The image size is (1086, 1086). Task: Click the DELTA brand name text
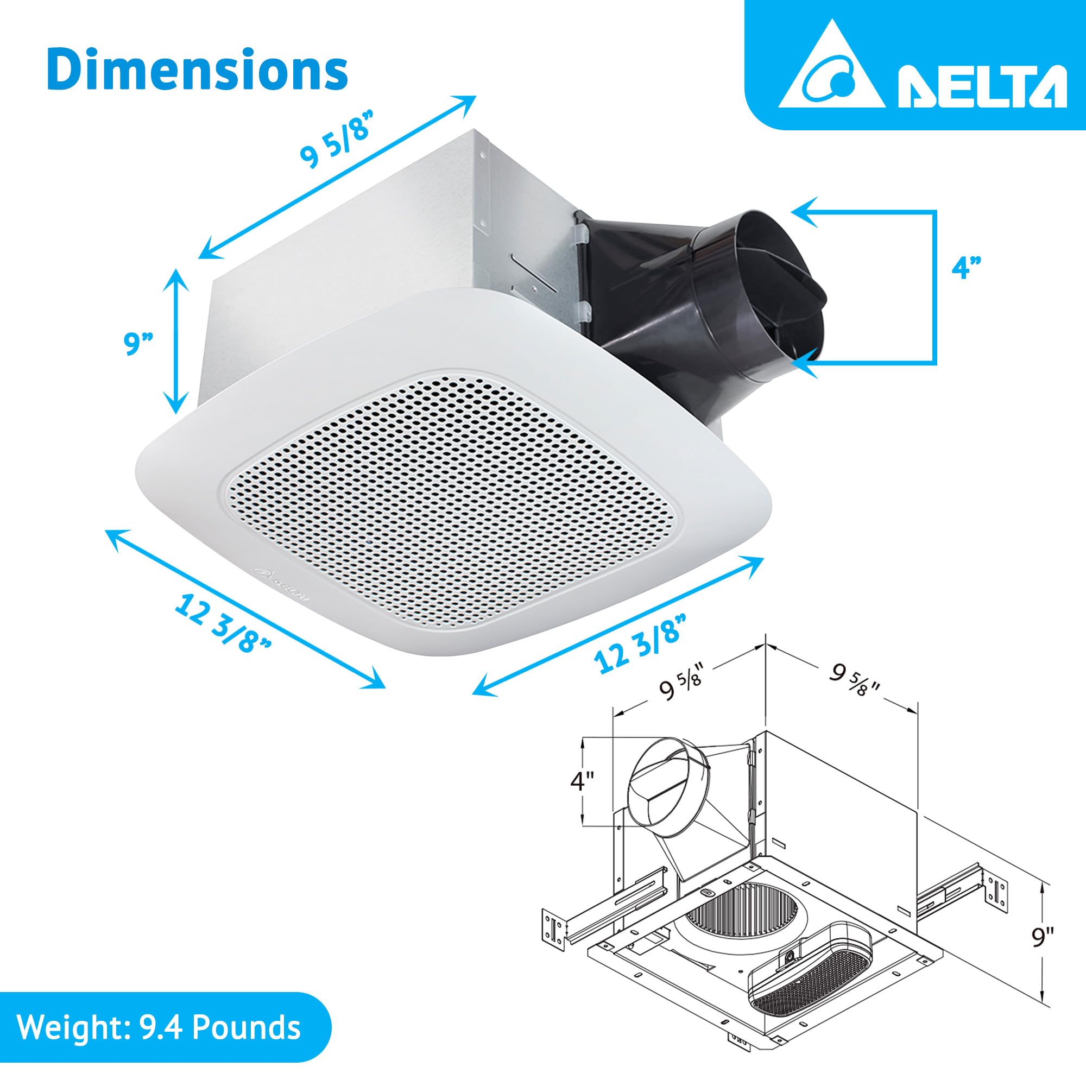pos(981,86)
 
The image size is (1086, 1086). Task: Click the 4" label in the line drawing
pos(582,781)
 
